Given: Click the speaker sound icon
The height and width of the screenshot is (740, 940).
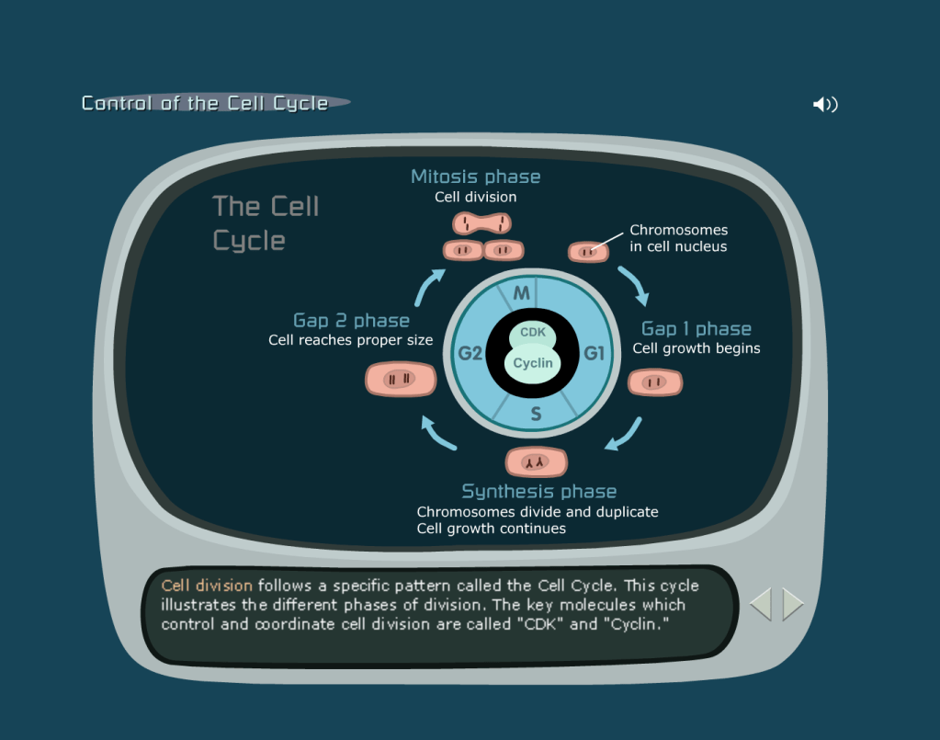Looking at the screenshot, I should coord(825,105).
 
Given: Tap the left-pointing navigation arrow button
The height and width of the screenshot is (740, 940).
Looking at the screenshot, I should coord(761,604).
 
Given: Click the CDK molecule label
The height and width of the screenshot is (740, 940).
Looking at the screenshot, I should coord(533,333).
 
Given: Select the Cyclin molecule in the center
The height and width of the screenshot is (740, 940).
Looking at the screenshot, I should coord(533,362).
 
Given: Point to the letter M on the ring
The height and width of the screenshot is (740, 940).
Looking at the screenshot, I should coord(522,294).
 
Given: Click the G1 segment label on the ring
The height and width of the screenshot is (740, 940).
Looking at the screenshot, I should coord(595,352).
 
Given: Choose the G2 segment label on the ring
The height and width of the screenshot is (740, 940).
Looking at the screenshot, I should coord(470,352).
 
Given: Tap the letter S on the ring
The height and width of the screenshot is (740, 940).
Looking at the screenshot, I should coord(536,415).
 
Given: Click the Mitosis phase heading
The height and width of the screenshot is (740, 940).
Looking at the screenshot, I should coord(475,176).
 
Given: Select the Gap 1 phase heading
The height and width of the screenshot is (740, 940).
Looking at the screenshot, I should coord(696,329).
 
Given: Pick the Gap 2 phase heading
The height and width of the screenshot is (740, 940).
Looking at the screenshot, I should coord(351,321).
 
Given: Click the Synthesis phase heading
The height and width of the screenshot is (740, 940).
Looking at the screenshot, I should coord(538,491).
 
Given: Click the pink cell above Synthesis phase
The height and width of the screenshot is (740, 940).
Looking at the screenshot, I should coord(537,461).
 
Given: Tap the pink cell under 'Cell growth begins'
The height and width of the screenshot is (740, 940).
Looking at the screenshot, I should coord(654,382).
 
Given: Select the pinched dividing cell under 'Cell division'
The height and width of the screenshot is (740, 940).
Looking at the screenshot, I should coord(481,223).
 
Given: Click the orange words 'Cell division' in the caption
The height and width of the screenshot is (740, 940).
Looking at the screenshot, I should coord(207,586).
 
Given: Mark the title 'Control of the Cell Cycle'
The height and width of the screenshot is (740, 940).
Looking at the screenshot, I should coord(205,103).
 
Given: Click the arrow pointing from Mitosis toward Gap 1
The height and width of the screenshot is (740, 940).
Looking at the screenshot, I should coord(634,286).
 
